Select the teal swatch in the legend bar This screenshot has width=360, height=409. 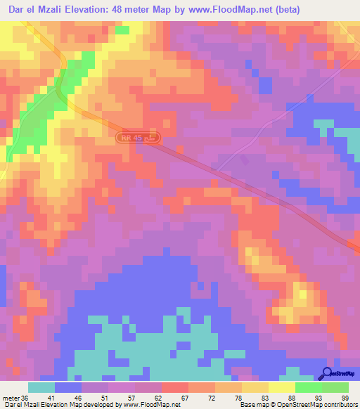(x=41, y=387)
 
